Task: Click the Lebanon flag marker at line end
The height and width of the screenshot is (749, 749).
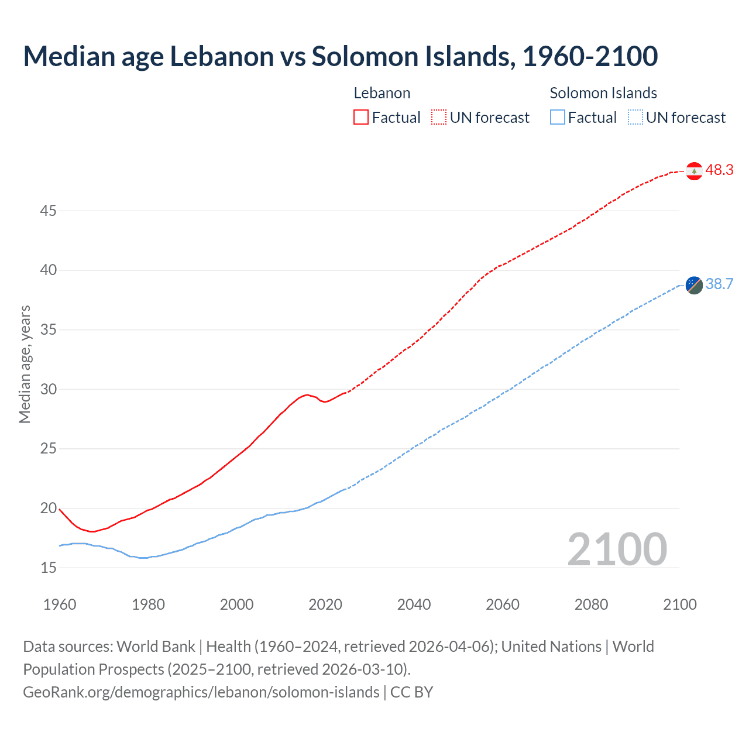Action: point(694,171)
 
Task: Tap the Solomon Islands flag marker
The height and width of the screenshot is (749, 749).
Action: point(694,285)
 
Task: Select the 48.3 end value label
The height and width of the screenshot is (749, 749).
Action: point(719,170)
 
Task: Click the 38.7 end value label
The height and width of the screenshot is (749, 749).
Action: point(719,284)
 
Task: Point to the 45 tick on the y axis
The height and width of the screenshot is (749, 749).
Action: point(48,211)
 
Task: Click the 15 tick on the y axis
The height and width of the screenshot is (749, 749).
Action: point(48,568)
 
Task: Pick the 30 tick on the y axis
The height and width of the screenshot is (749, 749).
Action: point(48,389)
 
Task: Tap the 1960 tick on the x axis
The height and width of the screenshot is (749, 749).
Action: point(60,604)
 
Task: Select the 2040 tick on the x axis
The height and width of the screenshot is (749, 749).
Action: point(414,604)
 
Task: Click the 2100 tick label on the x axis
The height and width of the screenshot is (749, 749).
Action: point(679,604)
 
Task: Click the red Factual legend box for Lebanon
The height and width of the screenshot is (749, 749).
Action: point(361,118)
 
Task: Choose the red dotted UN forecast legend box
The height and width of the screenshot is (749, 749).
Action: point(439,118)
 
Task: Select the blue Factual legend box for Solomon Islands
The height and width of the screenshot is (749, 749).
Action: point(558,118)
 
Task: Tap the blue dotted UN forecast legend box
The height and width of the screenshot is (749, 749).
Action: point(635,118)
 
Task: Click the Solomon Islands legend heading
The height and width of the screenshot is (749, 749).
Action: point(603,93)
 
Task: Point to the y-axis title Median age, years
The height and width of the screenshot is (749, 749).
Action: point(25,364)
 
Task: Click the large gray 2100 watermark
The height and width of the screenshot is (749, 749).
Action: point(617,549)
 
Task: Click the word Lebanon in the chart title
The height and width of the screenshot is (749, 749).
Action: point(222,56)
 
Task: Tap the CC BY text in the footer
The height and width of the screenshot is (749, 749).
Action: point(411,692)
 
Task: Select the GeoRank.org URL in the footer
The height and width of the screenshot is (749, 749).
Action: point(201,692)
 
